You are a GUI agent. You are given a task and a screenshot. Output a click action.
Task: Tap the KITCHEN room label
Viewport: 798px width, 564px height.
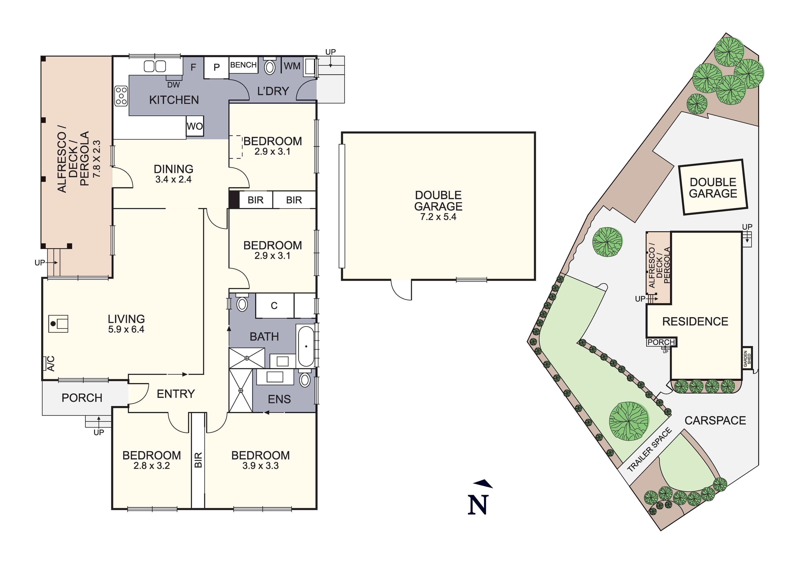pyautogui.click(x=174, y=100)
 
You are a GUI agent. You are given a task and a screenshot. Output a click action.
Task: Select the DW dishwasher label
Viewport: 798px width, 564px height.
pyautogui.click(x=173, y=85)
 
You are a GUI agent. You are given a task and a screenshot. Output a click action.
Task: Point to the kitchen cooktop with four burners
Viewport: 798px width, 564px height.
pyautogui.click(x=121, y=96)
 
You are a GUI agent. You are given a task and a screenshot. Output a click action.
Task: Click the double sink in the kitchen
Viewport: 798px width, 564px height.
pyautogui.click(x=155, y=66)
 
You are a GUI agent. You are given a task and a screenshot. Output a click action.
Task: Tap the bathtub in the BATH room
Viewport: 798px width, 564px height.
pyautogui.click(x=306, y=346)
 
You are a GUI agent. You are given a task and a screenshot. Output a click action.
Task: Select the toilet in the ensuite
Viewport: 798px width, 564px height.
pyautogui.click(x=305, y=380)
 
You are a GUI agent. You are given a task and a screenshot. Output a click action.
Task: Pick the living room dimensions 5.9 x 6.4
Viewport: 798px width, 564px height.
pyautogui.click(x=126, y=329)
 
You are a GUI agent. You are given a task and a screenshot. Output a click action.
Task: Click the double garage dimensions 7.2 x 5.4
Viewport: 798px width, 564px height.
pyautogui.click(x=438, y=217)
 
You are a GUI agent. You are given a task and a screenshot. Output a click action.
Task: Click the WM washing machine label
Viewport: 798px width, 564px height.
pyautogui.click(x=292, y=66)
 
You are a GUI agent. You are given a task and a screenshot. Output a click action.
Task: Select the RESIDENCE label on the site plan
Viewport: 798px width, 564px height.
pyautogui.click(x=695, y=321)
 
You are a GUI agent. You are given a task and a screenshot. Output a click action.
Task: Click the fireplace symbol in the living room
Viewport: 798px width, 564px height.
pyautogui.click(x=58, y=324)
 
